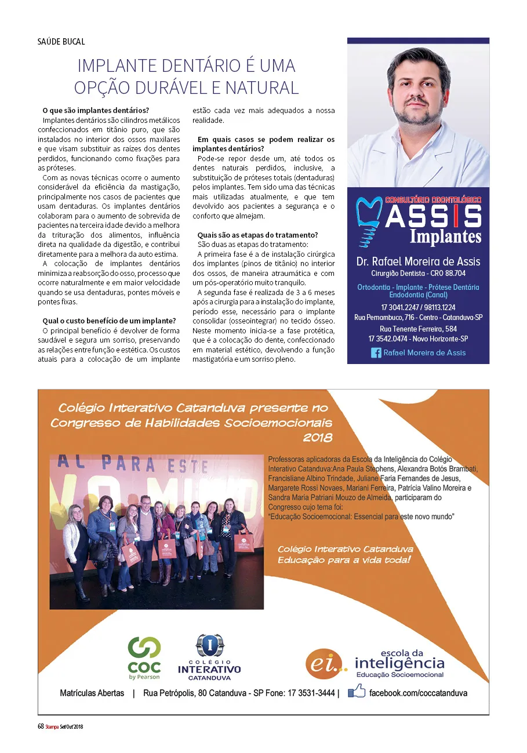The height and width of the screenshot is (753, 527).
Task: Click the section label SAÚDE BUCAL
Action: click(61, 42)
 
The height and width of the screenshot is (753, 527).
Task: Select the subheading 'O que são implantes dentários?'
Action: click(96, 111)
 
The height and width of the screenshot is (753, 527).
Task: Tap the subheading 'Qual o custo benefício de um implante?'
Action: click(109, 321)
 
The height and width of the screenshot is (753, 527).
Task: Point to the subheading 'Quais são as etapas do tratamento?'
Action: click(257, 235)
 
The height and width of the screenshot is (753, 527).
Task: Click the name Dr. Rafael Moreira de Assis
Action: click(418, 261)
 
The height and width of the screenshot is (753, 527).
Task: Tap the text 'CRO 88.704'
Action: click(447, 273)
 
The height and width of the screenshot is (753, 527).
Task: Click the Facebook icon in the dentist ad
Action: click(376, 352)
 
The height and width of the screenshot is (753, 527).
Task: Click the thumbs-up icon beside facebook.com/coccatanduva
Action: click(356, 692)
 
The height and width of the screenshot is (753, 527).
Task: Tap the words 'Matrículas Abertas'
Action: click(92, 693)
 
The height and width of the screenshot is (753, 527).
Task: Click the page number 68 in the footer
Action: click(41, 726)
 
